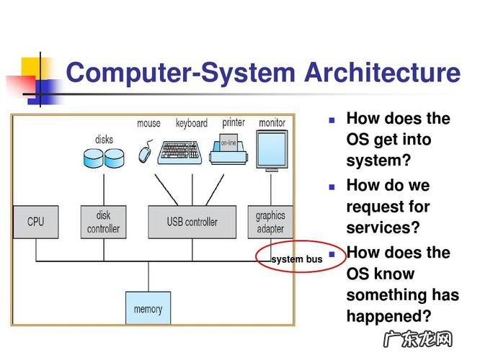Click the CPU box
coord(35,222)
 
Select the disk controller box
coord(103,222)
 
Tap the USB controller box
coord(192,222)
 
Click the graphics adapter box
coord(270,222)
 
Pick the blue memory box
coord(148,310)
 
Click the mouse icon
coord(146,153)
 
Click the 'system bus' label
coord(296,259)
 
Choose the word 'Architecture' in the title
coord(381,73)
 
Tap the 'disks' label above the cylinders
coord(104,139)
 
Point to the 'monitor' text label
coord(272,123)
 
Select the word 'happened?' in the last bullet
coord(388,316)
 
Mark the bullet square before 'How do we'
coord(332,186)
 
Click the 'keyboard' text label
coord(191,123)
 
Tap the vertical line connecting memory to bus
coord(148,276)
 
